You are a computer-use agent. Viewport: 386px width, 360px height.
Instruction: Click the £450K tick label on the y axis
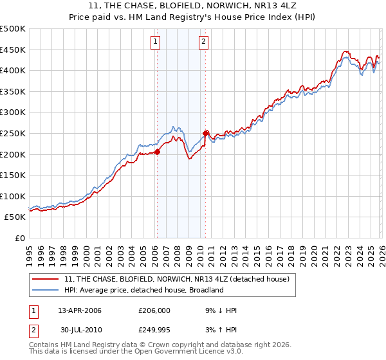[x=12, y=50]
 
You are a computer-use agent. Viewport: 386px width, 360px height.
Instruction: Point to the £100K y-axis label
[x=12, y=196]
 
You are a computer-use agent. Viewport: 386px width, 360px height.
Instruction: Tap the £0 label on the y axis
[x=19, y=238]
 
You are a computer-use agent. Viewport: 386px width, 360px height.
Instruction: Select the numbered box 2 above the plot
[x=203, y=42]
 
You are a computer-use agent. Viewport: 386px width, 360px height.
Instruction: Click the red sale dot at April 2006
[x=157, y=152]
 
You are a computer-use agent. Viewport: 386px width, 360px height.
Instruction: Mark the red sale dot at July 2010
[x=206, y=134]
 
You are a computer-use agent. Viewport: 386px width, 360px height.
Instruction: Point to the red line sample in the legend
[x=46, y=279]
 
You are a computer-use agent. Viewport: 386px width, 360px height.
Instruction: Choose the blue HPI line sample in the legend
[x=46, y=290]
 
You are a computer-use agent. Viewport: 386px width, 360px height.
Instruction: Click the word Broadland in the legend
[x=205, y=290]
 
